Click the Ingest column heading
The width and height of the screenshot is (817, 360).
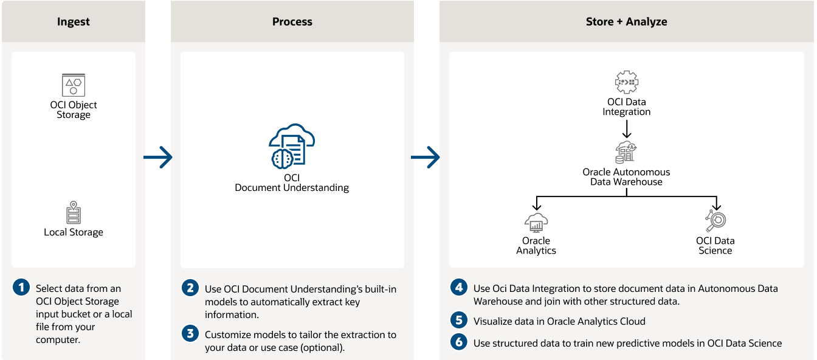pyautogui.click(x=74, y=22)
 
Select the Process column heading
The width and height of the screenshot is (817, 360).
pyautogui.click(x=292, y=22)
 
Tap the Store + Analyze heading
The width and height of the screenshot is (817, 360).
pyautogui.click(x=626, y=22)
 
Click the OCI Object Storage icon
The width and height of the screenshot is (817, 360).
pyautogui.click(x=74, y=85)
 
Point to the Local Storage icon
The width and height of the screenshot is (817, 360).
pyautogui.click(x=74, y=213)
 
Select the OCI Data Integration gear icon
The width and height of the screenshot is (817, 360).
pyautogui.click(x=627, y=82)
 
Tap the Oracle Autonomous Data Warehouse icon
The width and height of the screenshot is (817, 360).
pyautogui.click(x=626, y=152)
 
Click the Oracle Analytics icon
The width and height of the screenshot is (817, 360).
pyautogui.click(x=536, y=223)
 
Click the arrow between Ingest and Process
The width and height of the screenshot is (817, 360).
pyautogui.click(x=158, y=158)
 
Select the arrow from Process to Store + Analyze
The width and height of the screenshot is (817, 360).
pyautogui.click(x=426, y=157)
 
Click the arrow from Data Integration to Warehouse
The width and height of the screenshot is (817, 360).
pyautogui.click(x=627, y=128)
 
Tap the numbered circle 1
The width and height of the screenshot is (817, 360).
pyautogui.click(x=21, y=288)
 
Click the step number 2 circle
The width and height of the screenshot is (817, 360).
pyautogui.click(x=190, y=288)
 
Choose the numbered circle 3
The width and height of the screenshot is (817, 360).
pyautogui.click(x=190, y=333)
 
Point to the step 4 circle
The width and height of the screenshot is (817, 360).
pyautogui.click(x=459, y=287)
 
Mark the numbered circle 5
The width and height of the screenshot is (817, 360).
pyautogui.click(x=459, y=320)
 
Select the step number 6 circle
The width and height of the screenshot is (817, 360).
pyautogui.click(x=459, y=342)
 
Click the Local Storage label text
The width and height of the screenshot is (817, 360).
pyautogui.click(x=74, y=232)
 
